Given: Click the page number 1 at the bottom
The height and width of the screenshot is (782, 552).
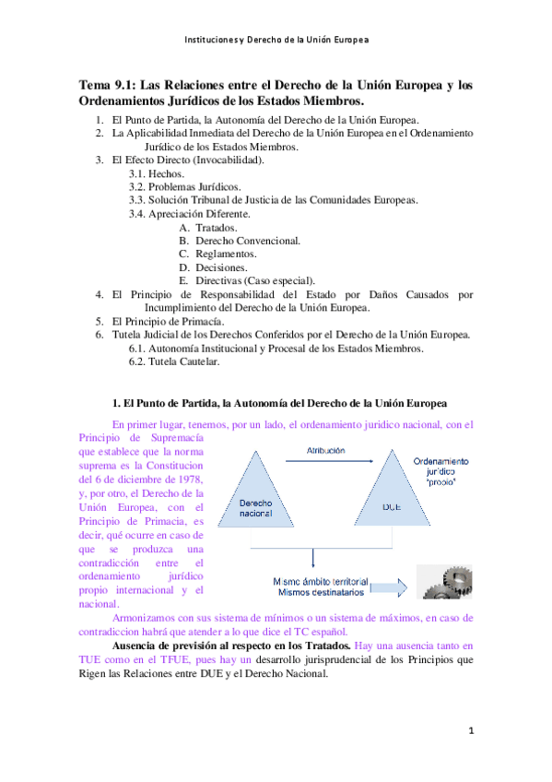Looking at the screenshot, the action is click(x=470, y=731).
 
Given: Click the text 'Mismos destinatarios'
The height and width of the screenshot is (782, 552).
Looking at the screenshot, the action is click(x=320, y=592).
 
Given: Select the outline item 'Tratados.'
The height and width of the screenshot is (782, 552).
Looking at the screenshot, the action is click(x=217, y=228).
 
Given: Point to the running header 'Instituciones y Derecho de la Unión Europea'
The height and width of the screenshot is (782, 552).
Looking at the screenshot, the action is click(x=276, y=41).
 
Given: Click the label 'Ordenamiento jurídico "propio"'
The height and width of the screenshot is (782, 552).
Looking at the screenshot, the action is click(x=440, y=471).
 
